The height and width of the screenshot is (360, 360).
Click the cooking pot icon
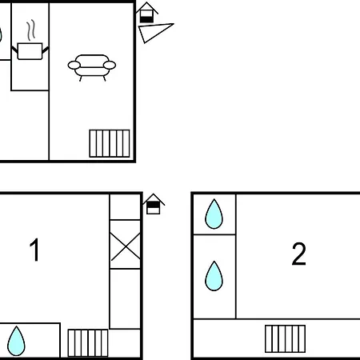[30, 51]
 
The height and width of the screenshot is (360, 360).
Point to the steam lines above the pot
[31, 30]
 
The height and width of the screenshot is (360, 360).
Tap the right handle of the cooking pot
[46, 50]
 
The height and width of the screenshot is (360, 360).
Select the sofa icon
[92, 67]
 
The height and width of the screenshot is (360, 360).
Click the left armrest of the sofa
[74, 65]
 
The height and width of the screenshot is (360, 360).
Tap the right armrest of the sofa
[110, 65]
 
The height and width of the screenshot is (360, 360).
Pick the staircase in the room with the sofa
[110, 143]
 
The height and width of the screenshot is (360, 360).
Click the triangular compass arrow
[154, 32]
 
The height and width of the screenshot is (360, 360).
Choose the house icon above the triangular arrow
[146, 13]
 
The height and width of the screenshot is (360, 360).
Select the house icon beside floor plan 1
[154, 204]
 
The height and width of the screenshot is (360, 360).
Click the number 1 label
[35, 250]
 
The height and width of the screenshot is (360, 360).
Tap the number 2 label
[298, 254]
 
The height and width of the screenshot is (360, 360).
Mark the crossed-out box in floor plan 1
[125, 244]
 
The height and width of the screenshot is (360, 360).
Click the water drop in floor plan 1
[16, 341]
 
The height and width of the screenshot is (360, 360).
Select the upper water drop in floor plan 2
[214, 214]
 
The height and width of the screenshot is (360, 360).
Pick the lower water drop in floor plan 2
[214, 276]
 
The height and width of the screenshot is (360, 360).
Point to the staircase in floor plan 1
[88, 343]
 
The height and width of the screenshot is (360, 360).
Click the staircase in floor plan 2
[285, 338]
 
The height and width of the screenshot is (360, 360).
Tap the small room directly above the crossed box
[125, 207]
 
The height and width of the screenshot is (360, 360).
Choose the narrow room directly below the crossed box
[125, 298]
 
